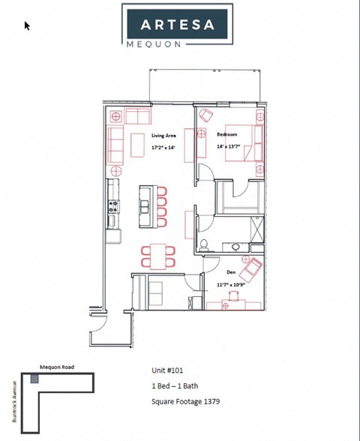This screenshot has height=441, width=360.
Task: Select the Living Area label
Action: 163,135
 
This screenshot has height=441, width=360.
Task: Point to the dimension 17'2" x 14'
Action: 163,148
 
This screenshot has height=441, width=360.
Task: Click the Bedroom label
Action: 226,134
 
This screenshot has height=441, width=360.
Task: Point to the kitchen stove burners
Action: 113,205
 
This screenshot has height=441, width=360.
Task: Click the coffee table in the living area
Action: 137,145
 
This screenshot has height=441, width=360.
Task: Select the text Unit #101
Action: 168,370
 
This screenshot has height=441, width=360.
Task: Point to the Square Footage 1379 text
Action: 185,402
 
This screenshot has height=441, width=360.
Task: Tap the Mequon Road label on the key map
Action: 55,367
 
